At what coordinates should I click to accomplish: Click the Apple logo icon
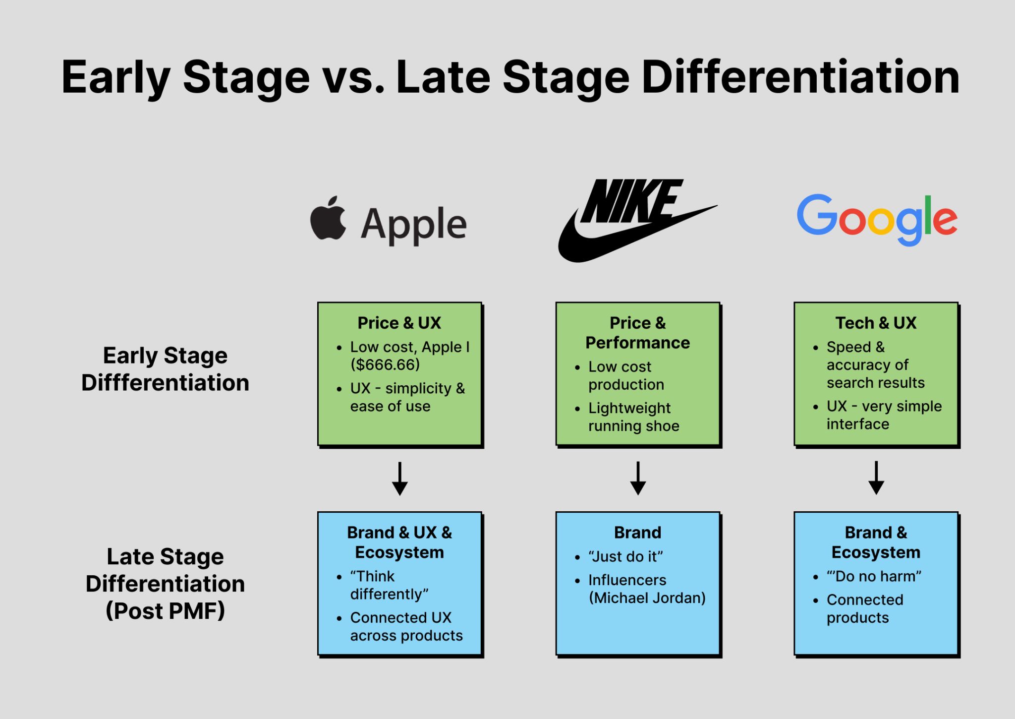pos(328,218)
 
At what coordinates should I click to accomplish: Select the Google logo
pos(876,220)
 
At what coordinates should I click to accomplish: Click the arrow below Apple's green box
pos(399,479)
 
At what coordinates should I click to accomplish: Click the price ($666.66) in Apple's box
pos(385,364)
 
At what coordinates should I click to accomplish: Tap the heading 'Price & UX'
pos(399,323)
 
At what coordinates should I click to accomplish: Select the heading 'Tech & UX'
pos(876,323)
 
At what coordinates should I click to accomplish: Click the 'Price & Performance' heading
pos(637,333)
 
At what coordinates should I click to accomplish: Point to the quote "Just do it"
pos(625,556)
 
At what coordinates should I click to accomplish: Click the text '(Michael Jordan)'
pos(647,598)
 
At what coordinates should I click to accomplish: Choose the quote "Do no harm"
pos(874,576)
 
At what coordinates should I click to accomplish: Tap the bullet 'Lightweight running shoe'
pos(633,417)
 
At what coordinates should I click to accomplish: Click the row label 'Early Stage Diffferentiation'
pos(165,369)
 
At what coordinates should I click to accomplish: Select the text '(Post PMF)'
pos(165,610)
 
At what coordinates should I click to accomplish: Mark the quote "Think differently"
pos(389,585)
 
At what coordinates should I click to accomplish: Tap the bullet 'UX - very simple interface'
pos(884,415)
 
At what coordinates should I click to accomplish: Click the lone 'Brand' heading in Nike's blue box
pos(637,533)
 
